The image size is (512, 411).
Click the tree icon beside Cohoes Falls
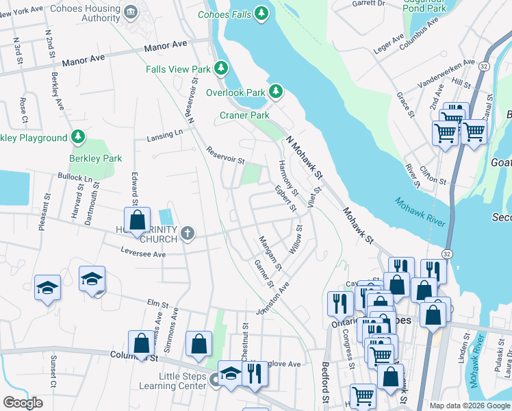pos(261,13)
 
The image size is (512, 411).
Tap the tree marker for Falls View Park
pos(221,68)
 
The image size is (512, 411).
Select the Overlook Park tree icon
pos(275,92)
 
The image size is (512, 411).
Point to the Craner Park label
pos(244,116)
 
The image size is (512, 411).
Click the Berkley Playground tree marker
pos(79,138)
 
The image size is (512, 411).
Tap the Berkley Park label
pos(95,158)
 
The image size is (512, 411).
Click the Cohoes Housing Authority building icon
pos(131,12)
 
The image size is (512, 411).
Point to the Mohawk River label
pos(420,212)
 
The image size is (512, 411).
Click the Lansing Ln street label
pos(165,136)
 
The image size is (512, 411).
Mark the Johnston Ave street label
pos(272,298)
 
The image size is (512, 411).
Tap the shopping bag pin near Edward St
pos(137,220)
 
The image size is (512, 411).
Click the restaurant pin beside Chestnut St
pos(254,374)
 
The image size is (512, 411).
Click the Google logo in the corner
pos(23,403)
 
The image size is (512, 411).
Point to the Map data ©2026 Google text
pos(469,405)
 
